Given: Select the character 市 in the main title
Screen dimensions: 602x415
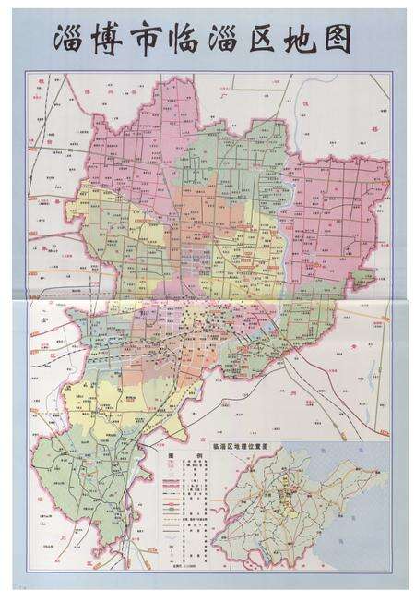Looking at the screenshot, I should (x=149, y=40).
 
